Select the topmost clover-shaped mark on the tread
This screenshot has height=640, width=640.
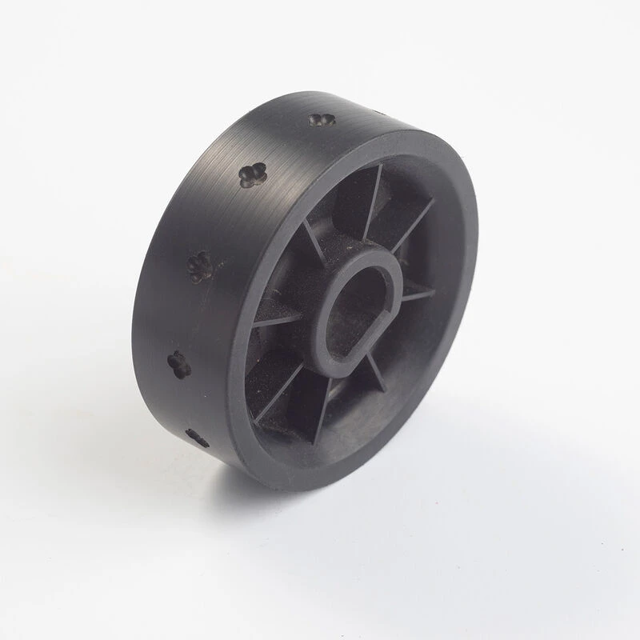tap(321, 121)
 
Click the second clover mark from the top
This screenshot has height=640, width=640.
tap(252, 174)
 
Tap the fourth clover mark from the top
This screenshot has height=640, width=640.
tap(179, 365)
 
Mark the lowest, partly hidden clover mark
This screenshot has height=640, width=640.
tap(197, 438)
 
